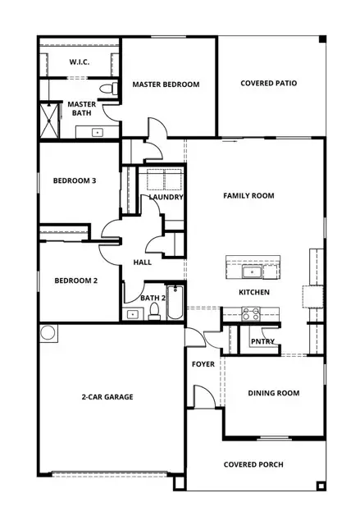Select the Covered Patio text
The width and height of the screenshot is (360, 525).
click(x=268, y=83)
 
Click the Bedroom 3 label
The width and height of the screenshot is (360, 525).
click(x=75, y=180)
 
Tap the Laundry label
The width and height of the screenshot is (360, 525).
click(x=166, y=197)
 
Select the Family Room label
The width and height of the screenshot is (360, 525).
click(x=248, y=195)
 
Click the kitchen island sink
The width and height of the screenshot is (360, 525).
click(x=250, y=271)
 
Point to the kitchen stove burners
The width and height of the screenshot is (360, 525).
click(x=251, y=313)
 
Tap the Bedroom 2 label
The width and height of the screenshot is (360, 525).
click(x=76, y=281)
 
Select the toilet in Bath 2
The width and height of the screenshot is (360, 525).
click(x=153, y=311)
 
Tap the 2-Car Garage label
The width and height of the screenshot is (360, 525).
click(x=107, y=396)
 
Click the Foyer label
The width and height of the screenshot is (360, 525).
click(x=203, y=363)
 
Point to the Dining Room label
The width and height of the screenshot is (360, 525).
click(x=273, y=393)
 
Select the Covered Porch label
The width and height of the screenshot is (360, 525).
click(x=253, y=464)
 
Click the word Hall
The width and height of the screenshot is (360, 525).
click(x=142, y=262)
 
